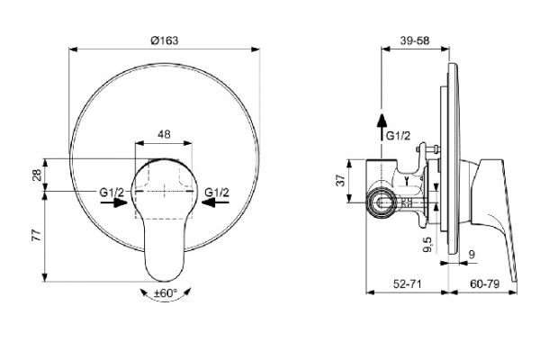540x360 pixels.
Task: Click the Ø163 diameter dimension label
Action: point(165,40)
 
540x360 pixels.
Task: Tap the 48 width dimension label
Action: point(164,134)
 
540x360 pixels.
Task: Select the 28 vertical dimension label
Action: point(37,175)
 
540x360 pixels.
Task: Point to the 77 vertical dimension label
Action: point(37,235)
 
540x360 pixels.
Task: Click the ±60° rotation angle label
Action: point(166,293)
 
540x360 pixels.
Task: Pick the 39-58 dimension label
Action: point(415,40)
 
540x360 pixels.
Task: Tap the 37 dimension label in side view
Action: point(340,180)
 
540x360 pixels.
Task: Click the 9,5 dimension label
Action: point(428,244)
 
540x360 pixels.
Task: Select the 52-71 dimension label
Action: point(407,283)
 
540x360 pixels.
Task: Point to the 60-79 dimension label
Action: point(484,283)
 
